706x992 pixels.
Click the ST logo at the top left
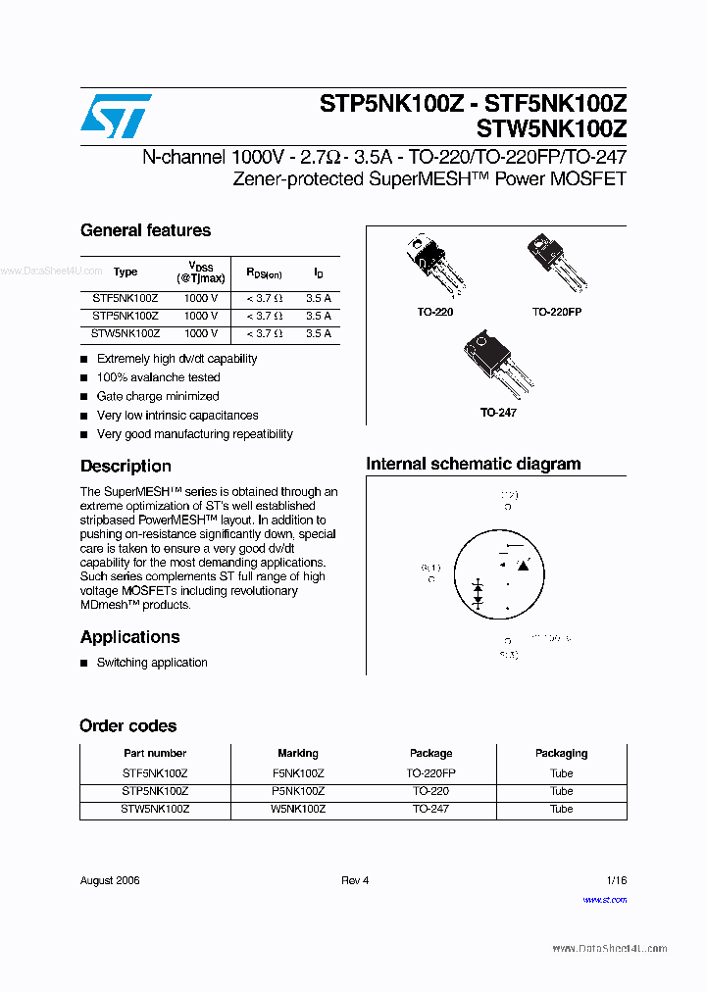click(116, 117)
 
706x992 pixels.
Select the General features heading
click(145, 230)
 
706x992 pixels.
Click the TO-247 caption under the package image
click(498, 413)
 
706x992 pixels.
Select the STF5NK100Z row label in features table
click(126, 298)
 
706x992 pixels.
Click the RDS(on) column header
click(264, 273)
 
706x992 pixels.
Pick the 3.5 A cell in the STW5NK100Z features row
click(318, 333)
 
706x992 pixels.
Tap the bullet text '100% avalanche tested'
click(158, 377)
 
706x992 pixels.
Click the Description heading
click(126, 467)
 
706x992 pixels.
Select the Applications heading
click(129, 637)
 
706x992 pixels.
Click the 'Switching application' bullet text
click(152, 663)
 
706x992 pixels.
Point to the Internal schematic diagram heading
click(473, 464)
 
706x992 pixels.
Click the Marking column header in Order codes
click(298, 753)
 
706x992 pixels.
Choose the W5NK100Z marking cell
click(298, 809)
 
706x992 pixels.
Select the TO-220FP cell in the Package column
click(430, 772)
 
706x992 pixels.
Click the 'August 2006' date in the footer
click(110, 880)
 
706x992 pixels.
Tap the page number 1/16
click(616, 880)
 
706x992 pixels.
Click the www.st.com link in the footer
click(604, 900)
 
